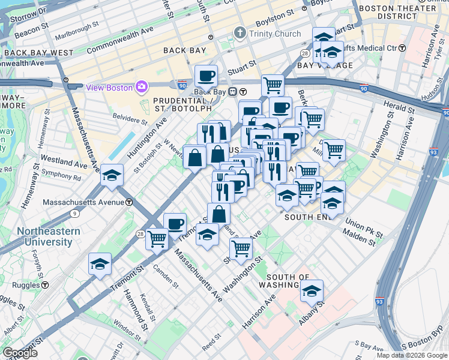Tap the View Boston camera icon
(x=142, y=87)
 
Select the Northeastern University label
(x=44, y=236)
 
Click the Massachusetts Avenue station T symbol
(x=129, y=202)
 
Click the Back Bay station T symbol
(x=243, y=92)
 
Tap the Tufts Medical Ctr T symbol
(x=402, y=47)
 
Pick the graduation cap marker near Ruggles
(x=100, y=264)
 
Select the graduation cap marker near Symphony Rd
(x=112, y=175)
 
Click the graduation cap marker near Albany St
(x=312, y=291)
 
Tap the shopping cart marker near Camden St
(x=157, y=238)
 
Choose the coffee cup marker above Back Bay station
(x=206, y=76)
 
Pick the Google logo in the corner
(x=20, y=353)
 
